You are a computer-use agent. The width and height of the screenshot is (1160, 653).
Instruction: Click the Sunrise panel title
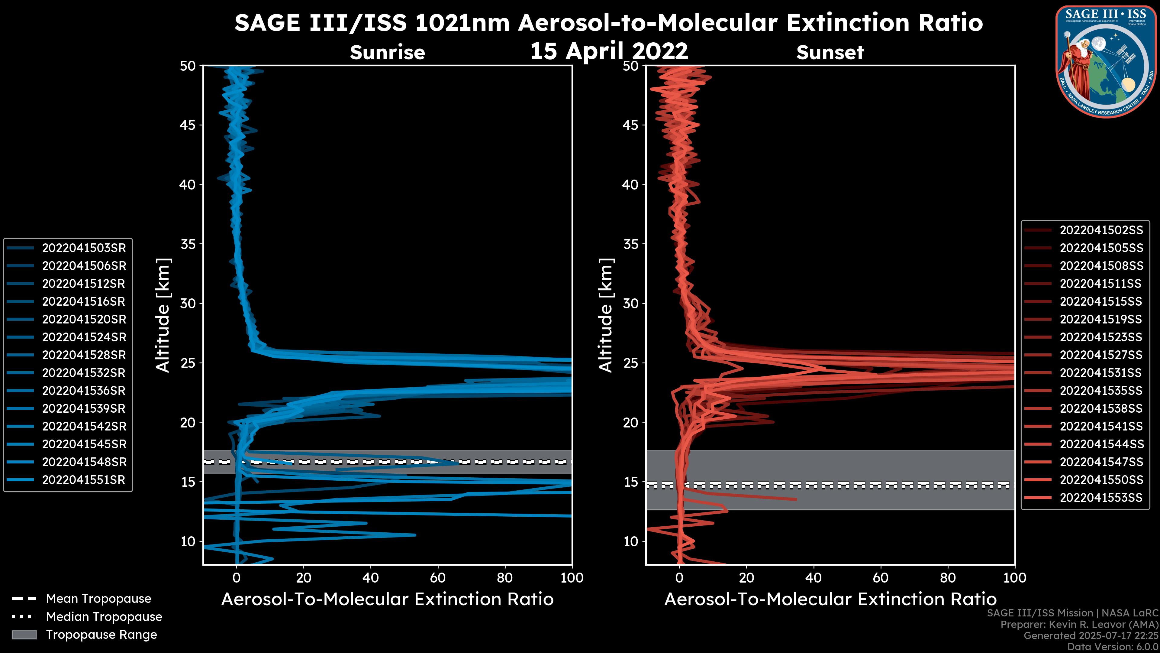387,52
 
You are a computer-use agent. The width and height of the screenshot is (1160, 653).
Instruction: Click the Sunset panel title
830,52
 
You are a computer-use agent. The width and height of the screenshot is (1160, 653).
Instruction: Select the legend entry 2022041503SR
84,248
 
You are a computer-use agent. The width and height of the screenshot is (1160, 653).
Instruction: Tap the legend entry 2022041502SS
1101,230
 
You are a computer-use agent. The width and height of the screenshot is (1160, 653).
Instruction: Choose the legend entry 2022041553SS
1101,498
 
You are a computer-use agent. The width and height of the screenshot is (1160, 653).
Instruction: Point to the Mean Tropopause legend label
98,599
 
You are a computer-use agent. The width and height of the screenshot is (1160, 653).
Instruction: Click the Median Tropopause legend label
104,616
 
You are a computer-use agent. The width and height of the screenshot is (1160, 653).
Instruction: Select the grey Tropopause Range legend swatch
24,635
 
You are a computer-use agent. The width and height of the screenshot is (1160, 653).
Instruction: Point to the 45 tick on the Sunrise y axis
188,125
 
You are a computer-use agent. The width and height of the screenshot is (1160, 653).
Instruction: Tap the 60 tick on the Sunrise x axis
438,578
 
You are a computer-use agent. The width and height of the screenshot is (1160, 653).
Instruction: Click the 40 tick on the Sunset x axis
813,578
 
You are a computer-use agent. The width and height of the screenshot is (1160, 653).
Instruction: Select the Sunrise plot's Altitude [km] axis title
163,315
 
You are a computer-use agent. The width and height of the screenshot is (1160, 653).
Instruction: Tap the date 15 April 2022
609,51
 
